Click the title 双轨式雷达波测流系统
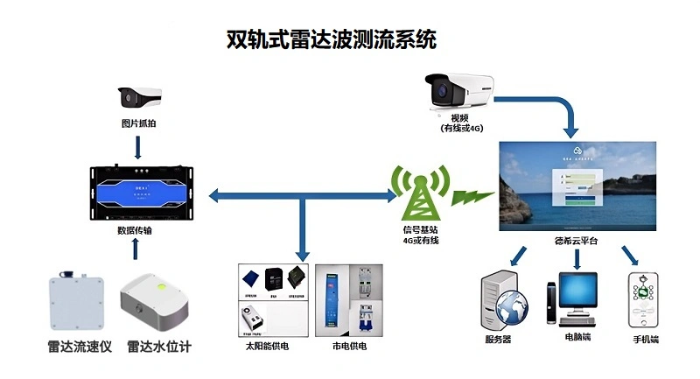(331, 39)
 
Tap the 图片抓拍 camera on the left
(141, 95)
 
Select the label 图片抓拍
(140, 123)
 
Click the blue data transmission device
(139, 191)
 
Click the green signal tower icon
(419, 189)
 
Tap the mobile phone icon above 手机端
(644, 299)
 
